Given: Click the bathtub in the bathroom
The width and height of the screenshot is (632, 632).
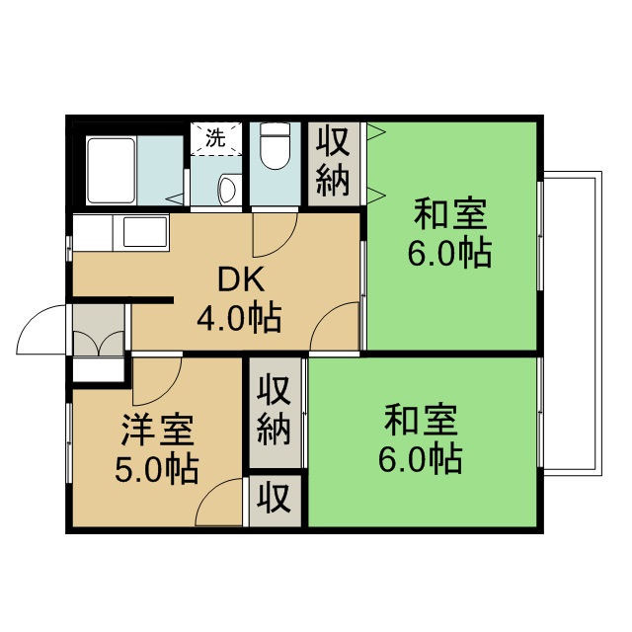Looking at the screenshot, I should pos(111,170).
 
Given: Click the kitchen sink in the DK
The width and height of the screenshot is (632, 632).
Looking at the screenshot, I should pos(143,235).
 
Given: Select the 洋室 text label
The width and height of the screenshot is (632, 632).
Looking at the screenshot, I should pos(157,431).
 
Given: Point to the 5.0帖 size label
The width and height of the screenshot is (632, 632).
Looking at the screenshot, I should pos(157,467).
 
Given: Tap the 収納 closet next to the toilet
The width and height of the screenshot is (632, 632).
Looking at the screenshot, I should pos(333,163).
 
